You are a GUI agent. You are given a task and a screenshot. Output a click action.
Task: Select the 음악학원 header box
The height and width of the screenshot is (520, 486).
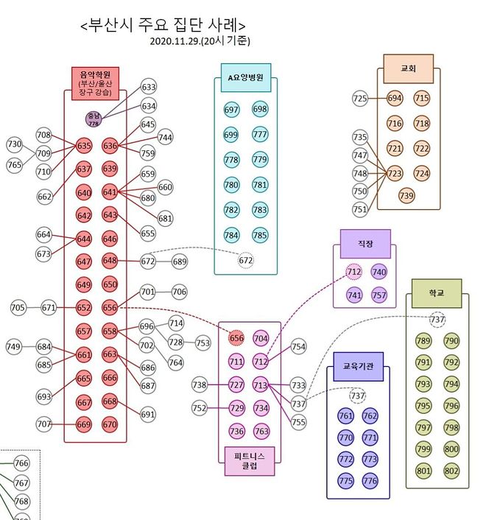(94, 82)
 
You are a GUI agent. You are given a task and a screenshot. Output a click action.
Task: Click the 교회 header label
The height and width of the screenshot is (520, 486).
(409, 68)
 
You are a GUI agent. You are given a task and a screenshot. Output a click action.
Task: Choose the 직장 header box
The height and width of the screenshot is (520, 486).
(365, 242)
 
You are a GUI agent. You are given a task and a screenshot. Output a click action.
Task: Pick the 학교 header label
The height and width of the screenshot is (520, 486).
(436, 293)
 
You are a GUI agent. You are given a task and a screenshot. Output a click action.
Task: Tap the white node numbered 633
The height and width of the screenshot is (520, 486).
(149, 88)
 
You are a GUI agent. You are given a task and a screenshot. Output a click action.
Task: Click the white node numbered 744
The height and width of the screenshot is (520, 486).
(166, 137)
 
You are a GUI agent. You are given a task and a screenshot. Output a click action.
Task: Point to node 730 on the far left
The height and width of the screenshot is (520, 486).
(15, 144)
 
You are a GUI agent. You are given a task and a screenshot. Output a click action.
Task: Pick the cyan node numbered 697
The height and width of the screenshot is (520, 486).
(232, 110)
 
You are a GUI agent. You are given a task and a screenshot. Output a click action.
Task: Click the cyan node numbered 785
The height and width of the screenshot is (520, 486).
(259, 236)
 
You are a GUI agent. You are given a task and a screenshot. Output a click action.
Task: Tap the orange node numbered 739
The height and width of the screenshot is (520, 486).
(406, 195)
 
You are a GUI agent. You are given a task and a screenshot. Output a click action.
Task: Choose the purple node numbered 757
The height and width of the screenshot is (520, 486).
(378, 295)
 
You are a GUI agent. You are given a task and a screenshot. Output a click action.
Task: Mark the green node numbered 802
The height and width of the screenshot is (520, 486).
(451, 470)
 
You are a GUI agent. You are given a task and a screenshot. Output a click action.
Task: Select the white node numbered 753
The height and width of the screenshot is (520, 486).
(202, 343)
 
